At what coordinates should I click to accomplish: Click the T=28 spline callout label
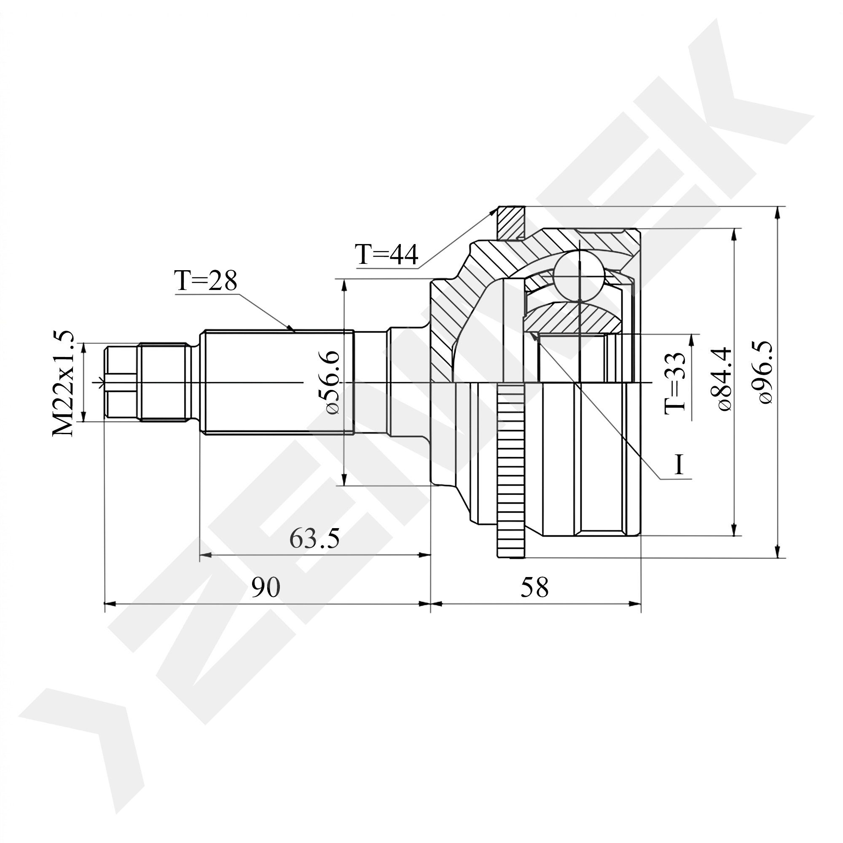tap(206, 280)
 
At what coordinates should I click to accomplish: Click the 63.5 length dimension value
tap(314, 538)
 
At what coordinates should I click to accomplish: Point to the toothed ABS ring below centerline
tap(511, 471)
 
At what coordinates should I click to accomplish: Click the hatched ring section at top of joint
tap(511, 222)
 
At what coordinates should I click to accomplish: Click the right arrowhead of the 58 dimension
tap(634, 604)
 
